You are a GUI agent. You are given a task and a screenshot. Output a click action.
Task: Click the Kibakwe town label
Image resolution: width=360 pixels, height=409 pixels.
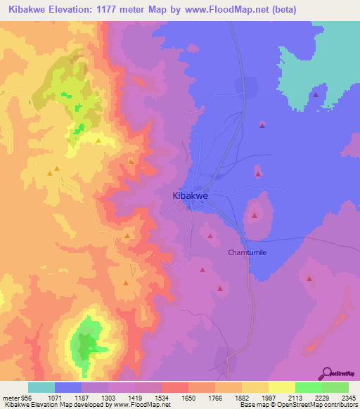point(191,197)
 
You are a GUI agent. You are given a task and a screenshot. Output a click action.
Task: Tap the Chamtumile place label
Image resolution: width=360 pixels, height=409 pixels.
point(248,252)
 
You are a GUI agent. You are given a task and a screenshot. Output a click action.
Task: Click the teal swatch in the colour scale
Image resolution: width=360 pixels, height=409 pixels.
point(41,387)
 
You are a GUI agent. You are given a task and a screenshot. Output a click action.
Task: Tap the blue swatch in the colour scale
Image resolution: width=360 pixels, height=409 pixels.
point(67,387)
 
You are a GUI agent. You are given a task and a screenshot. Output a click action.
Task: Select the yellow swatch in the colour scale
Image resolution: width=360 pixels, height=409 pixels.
point(282,387)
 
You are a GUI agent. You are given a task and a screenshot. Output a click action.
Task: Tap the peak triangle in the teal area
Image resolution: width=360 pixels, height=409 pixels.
point(316,94)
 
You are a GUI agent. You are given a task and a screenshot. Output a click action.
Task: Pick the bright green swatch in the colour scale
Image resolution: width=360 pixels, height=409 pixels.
point(309,387)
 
